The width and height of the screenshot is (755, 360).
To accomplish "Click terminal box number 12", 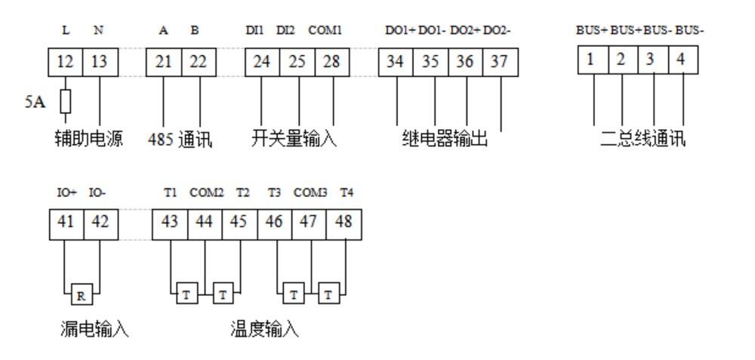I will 65,62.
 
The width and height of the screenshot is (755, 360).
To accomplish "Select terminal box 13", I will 99,62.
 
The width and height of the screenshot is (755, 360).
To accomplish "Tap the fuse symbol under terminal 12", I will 65,100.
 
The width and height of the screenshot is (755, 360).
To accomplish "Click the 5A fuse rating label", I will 35,101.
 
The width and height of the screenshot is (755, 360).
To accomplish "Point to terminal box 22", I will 198,62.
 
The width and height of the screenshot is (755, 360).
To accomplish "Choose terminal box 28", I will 331,62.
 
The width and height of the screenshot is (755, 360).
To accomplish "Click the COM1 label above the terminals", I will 325,31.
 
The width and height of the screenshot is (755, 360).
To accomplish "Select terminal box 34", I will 396,62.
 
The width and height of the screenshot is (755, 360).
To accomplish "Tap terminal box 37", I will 499,62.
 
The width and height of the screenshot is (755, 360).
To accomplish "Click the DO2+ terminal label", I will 465,31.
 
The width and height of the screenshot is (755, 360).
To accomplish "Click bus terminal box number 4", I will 683,60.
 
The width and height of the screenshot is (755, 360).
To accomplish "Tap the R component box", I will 81,295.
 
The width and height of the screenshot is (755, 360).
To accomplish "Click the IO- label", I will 98,193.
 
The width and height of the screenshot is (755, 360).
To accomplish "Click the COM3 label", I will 310,193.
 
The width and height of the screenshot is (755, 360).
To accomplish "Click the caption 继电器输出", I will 445,140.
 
